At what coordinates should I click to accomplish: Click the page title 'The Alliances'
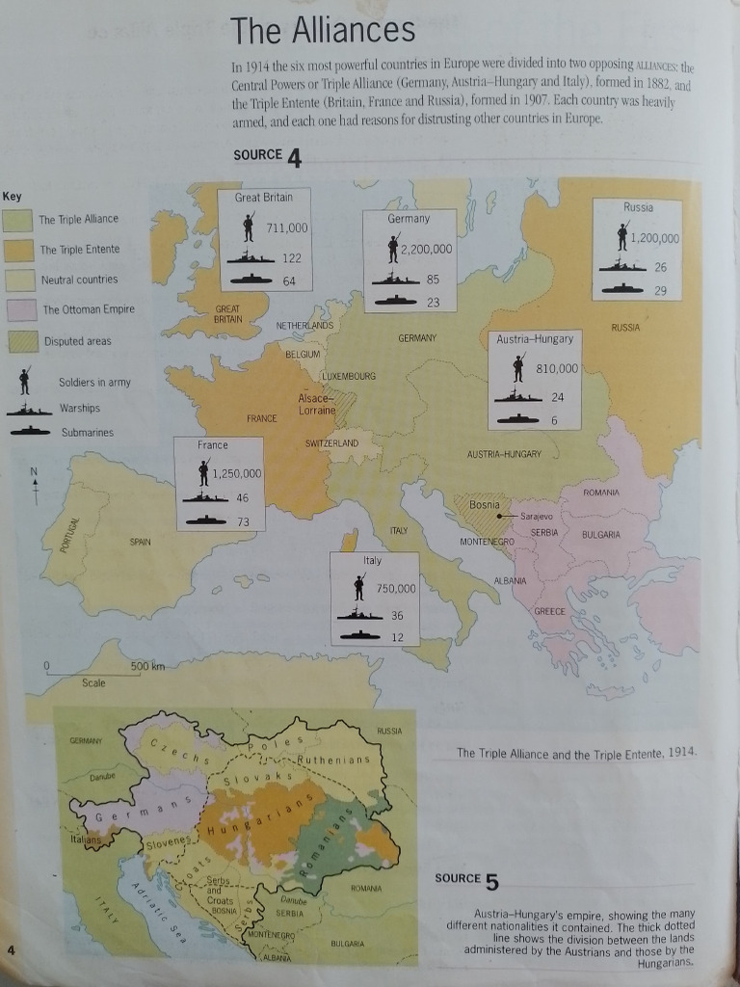pos(323,31)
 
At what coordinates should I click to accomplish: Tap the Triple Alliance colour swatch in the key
pos(19,220)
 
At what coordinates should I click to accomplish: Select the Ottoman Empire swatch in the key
pos(19,310)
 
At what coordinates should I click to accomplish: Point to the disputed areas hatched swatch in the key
pos(19,341)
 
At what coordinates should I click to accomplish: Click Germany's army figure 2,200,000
pos(426,249)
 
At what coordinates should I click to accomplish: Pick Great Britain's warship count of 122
pos(292,258)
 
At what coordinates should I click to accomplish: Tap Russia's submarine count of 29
pos(661,290)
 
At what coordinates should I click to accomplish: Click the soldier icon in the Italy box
pos(358,588)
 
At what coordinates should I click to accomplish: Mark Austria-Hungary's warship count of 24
pos(558,397)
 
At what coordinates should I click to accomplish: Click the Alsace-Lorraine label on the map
pos(317,404)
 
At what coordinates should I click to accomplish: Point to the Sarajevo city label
pos(535,517)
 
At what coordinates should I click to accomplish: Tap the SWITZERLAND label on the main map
pos(331,442)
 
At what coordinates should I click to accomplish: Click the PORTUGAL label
pos(66,536)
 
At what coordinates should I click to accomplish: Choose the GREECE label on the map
pos(549,611)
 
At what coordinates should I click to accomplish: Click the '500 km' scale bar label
pos(147,667)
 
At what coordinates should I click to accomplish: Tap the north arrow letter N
pos(35,471)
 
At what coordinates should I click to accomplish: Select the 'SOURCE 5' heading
pos(467,879)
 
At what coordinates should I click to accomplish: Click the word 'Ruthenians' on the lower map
pos(333,760)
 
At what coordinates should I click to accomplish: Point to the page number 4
pos(11,951)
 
